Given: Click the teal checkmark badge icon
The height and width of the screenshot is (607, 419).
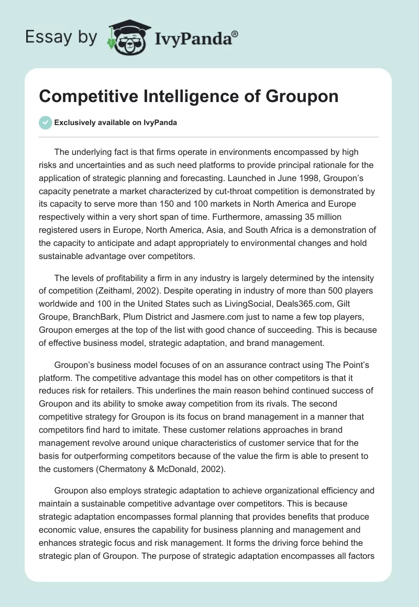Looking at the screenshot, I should click(x=46, y=122).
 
